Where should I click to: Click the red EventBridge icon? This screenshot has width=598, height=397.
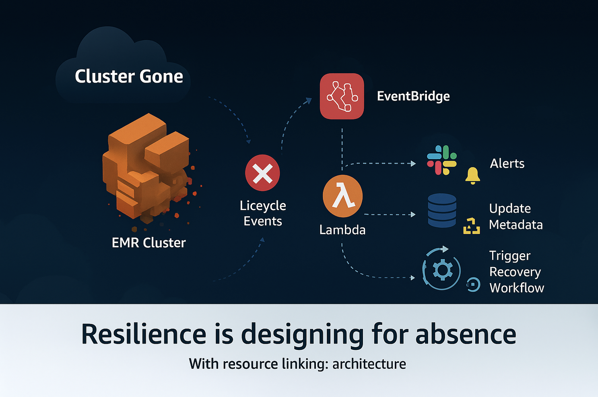click(342, 96)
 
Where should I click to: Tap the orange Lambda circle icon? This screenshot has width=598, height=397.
click(342, 196)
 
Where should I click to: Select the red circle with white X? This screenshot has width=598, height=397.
click(262, 173)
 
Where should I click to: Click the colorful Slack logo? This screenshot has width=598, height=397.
click(442, 160)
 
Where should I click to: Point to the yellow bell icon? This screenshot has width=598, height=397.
click(472, 176)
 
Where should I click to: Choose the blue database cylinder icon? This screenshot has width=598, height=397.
click(442, 210)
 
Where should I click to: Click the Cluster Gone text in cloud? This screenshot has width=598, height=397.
click(129, 77)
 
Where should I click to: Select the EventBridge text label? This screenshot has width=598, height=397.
click(413, 96)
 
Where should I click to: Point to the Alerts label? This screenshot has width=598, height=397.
click(507, 163)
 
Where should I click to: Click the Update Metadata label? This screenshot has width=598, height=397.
click(516, 217)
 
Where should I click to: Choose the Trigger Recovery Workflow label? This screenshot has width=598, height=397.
click(516, 272)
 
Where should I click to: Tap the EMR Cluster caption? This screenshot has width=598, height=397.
click(148, 243)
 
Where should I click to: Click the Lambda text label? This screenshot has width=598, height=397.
click(342, 230)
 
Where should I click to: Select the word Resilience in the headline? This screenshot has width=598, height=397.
click(144, 334)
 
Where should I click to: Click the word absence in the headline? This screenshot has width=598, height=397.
click(466, 334)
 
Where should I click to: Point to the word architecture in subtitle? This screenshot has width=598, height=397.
click(369, 364)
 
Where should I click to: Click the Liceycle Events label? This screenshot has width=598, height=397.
click(263, 213)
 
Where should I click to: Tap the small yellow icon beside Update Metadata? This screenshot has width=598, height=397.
click(472, 226)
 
